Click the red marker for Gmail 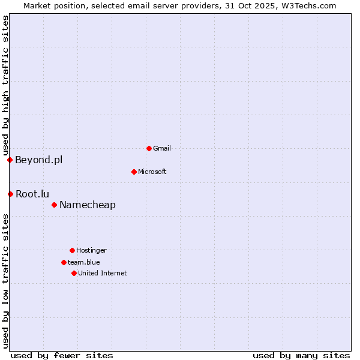coord(149,148)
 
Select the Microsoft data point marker coord(134,172)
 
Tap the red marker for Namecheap coord(54,205)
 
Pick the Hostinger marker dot coord(72,250)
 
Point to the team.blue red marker coord(64,262)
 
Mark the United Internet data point coord(74,273)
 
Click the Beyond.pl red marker coord(10,160)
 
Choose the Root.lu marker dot coord(10,194)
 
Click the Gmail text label coord(162,148)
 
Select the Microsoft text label coord(152,172)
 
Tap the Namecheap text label coord(88,205)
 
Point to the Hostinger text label coord(91,250)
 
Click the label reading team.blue coord(84,262)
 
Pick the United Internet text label coord(103,273)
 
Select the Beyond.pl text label coord(38,160)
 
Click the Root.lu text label coord(32,194)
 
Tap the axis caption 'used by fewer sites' coord(62,355)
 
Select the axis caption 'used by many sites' coord(301,355)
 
